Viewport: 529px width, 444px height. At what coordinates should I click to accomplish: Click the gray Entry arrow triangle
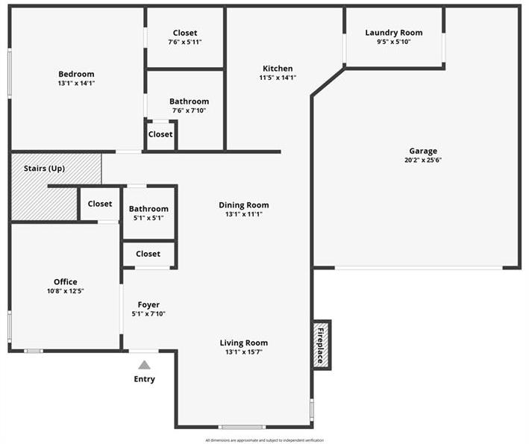(145, 365)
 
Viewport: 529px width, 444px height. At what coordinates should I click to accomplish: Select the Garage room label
(423, 151)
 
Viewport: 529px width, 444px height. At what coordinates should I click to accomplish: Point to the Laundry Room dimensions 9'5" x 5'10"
(394, 42)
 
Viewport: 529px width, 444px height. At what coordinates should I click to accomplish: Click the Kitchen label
(278, 69)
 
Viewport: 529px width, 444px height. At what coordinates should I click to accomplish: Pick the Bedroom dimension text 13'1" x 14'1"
(76, 83)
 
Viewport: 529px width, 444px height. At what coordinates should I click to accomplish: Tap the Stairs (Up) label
(44, 169)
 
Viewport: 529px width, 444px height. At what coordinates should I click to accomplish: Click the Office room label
(66, 282)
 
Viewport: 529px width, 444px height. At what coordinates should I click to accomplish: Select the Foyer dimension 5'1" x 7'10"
(148, 313)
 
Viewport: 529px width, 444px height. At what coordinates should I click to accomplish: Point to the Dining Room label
(244, 205)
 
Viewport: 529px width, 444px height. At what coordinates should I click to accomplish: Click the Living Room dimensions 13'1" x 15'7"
(244, 352)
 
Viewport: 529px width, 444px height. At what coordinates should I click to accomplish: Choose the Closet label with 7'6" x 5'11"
(185, 33)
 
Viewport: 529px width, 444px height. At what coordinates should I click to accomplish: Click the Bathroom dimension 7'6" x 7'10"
(189, 110)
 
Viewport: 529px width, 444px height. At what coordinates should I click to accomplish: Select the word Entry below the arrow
(145, 379)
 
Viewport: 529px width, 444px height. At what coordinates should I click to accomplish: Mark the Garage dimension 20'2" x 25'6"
(423, 160)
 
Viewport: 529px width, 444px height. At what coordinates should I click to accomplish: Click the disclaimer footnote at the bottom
(264, 440)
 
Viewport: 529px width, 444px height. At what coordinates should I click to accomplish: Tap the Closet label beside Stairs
(100, 204)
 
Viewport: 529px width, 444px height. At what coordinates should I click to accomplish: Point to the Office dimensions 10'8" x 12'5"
(66, 291)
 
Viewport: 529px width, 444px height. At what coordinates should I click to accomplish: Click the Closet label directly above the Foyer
(148, 254)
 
